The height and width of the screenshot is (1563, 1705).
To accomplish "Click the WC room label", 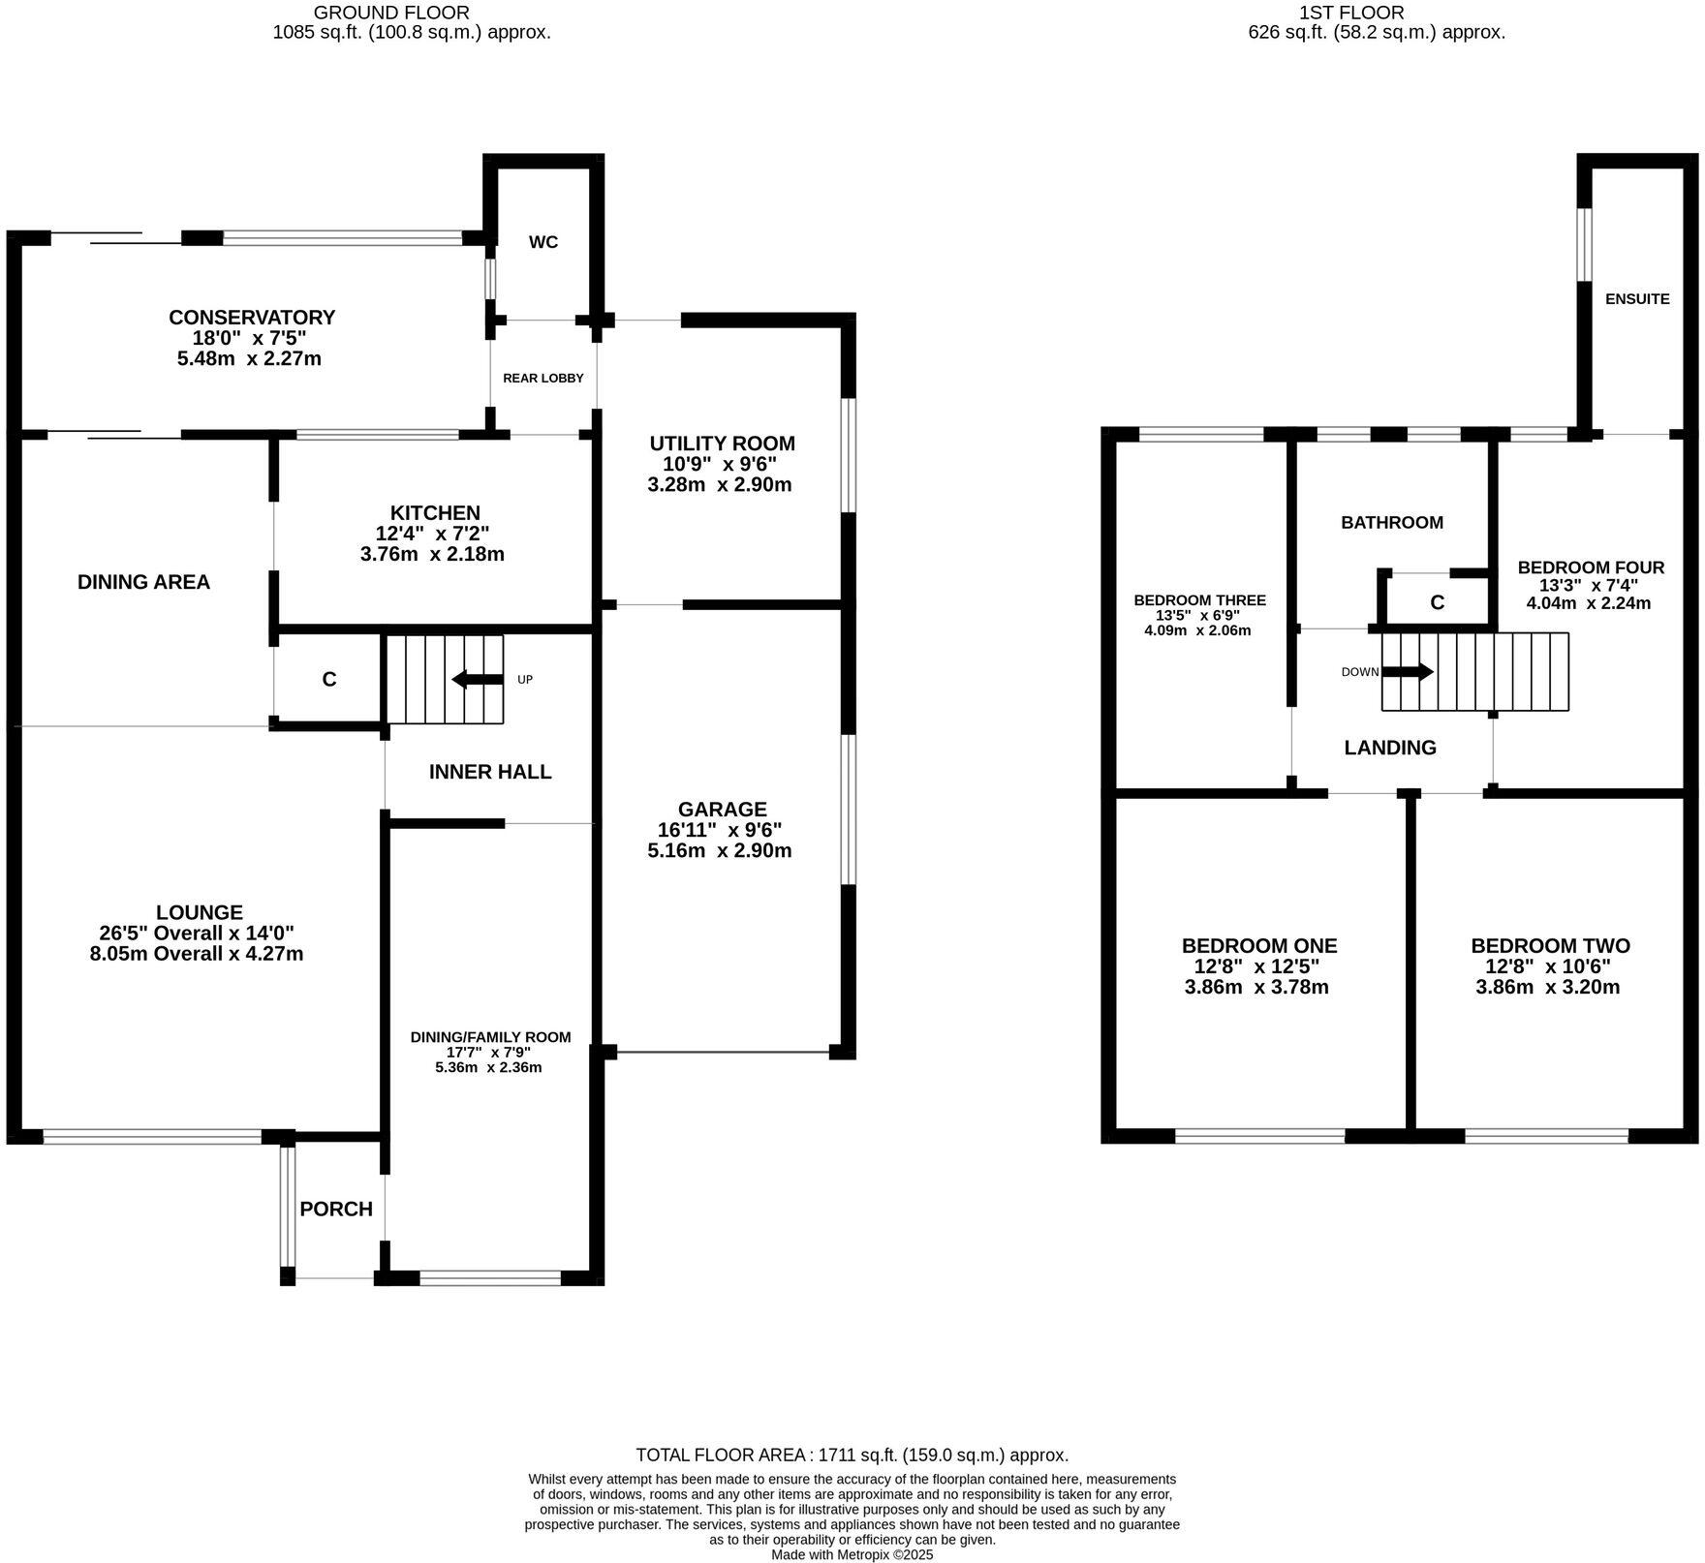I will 543,242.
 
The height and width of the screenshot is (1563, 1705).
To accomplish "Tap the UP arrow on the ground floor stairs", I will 478,679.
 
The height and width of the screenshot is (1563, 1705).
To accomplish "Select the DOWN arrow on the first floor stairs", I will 1408,672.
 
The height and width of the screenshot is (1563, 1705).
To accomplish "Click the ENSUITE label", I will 1637,299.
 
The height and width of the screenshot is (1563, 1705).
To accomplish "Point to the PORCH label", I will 336,1209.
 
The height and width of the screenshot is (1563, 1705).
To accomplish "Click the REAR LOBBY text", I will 543,378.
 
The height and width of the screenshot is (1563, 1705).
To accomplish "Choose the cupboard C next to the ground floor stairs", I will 329,680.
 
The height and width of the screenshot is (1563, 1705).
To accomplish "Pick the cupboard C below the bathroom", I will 1438,603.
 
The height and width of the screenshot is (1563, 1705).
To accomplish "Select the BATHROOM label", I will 1392,523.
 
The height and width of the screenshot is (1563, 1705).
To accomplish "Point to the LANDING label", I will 1390,748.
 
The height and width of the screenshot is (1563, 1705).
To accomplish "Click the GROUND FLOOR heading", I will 392,13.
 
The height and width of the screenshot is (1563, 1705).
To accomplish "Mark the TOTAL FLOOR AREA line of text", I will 852,1455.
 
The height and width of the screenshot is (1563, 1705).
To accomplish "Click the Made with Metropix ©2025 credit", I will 852,1555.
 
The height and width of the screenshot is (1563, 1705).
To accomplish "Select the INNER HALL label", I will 490,772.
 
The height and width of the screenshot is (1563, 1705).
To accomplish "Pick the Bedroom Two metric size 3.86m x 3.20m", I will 1548,988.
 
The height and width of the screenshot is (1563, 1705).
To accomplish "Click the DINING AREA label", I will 143,582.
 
